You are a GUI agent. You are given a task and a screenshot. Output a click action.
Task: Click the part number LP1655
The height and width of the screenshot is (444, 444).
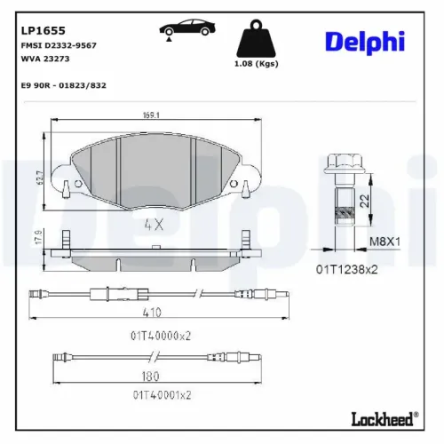(44, 30)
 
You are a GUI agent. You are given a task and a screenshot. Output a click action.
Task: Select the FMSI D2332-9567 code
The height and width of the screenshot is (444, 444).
(59, 45)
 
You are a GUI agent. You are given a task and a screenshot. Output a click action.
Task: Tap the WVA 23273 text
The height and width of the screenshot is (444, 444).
(45, 59)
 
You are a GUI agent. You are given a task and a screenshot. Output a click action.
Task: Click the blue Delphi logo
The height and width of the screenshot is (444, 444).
(365, 43)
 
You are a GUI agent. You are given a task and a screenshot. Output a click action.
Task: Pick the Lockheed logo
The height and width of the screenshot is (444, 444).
(385, 419)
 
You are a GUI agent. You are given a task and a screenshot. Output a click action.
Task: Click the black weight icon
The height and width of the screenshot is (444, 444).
(257, 38)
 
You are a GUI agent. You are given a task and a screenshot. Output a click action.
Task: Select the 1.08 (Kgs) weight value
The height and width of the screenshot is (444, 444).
(257, 64)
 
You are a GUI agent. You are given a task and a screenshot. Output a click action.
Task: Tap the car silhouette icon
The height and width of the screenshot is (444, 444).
(187, 29)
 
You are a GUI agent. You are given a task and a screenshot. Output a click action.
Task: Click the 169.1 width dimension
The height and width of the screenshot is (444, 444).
(151, 115)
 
